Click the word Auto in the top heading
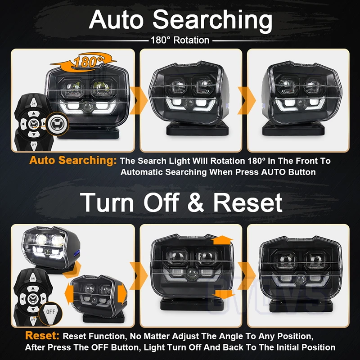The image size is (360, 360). click(x=116, y=19)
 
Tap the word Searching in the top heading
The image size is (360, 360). click(x=212, y=21)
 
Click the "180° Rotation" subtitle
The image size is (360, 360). click(x=180, y=40)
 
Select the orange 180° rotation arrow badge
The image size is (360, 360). click(x=84, y=61)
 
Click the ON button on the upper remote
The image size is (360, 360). click(x=34, y=103)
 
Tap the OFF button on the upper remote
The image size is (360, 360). click(x=34, y=145)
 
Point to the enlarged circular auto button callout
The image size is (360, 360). click(x=57, y=124)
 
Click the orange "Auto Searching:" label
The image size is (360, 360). click(x=73, y=161)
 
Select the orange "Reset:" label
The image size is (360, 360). click(x=42, y=335)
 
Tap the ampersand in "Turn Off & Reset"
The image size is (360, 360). click(x=196, y=202)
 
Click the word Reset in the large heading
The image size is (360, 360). click(x=248, y=202)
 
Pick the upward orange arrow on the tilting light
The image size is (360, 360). click(x=222, y=240)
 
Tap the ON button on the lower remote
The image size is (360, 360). click(x=33, y=278)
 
